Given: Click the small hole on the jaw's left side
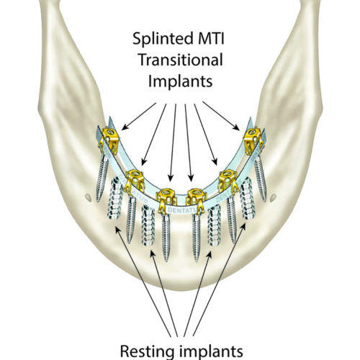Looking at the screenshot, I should coord(87,196).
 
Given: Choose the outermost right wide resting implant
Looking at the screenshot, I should coord(247,202).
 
